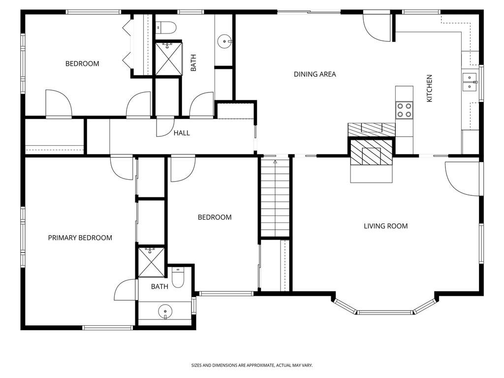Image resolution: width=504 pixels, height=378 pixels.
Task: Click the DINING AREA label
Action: pos(315,74)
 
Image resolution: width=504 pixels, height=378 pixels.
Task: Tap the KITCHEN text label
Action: pos(429,89)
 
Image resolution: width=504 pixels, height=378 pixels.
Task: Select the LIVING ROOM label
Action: pos(385,226)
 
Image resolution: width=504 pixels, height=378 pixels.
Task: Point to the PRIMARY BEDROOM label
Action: pos(80,238)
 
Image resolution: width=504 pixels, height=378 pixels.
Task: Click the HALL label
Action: pos(181,133)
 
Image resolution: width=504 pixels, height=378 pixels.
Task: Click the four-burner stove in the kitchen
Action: pos(405,110)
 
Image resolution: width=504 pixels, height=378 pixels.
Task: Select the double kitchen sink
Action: pos(470,81)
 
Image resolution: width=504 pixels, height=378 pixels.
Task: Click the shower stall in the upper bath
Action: pos(168,59)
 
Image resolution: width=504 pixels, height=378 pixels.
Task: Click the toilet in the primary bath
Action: pos(178,278)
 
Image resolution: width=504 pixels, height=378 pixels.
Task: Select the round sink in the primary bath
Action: pos(165,312)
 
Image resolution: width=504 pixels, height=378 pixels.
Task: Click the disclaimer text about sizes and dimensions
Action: pos(252,365)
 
